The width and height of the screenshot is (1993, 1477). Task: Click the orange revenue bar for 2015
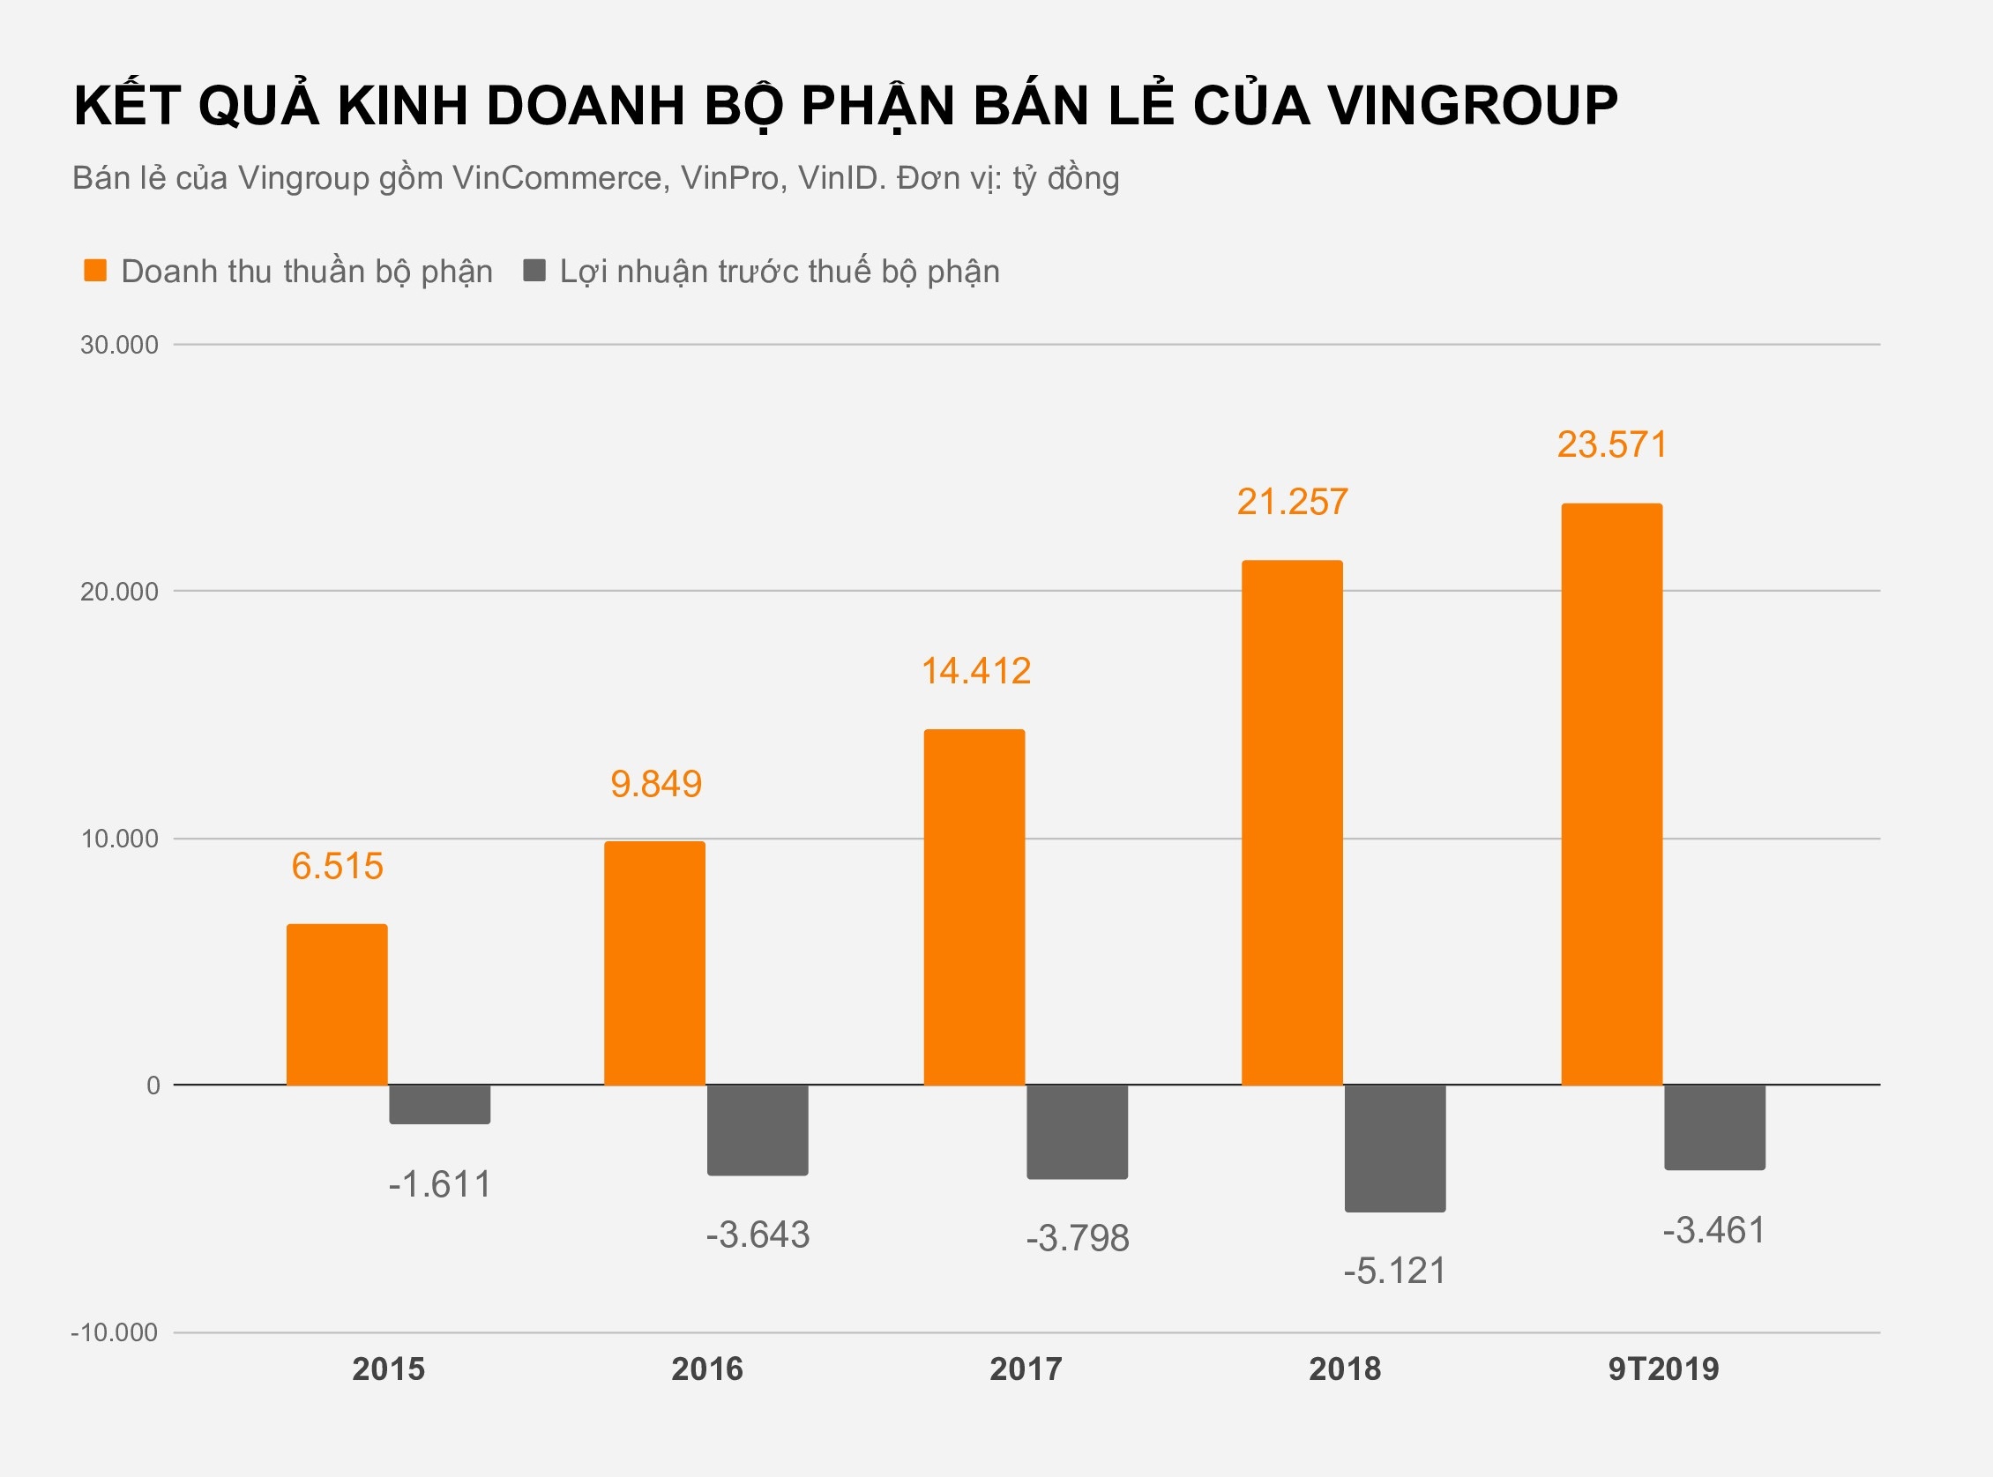point(337,1004)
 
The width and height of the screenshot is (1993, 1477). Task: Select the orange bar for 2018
point(1292,823)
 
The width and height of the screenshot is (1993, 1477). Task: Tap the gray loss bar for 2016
point(758,1130)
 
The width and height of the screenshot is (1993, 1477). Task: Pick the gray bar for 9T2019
point(1714,1127)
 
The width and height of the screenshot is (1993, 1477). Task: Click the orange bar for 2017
point(974,906)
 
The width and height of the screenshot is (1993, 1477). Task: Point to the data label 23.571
point(1612,444)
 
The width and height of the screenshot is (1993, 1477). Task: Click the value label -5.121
point(1394,1271)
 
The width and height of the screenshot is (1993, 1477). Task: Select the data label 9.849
point(656,784)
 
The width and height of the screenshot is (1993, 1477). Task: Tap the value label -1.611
point(439,1184)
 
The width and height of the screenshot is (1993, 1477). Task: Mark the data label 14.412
point(975,670)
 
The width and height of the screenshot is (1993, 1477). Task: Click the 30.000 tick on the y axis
point(119,345)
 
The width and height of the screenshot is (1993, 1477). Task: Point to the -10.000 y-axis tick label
point(115,1332)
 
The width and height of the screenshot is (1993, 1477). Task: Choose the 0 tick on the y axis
point(153,1085)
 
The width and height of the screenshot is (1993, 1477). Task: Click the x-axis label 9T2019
point(1663,1369)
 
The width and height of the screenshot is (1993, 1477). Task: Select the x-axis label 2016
point(706,1369)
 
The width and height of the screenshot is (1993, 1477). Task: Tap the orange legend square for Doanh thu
point(94,270)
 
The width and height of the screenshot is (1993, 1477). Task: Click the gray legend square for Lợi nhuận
point(534,270)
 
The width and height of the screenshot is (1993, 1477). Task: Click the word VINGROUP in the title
point(1473,106)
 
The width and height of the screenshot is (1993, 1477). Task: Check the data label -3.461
point(1713,1230)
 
